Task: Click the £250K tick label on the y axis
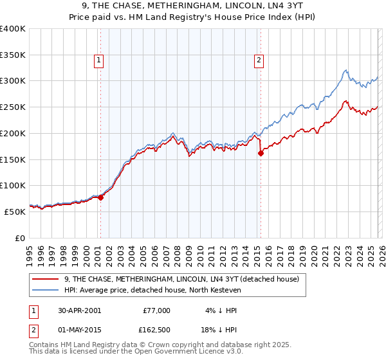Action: (x=12, y=107)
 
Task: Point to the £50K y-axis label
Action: (x=14, y=211)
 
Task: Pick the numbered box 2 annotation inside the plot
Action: (x=259, y=61)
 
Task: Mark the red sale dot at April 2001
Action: (x=101, y=197)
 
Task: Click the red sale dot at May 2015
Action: (x=261, y=153)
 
